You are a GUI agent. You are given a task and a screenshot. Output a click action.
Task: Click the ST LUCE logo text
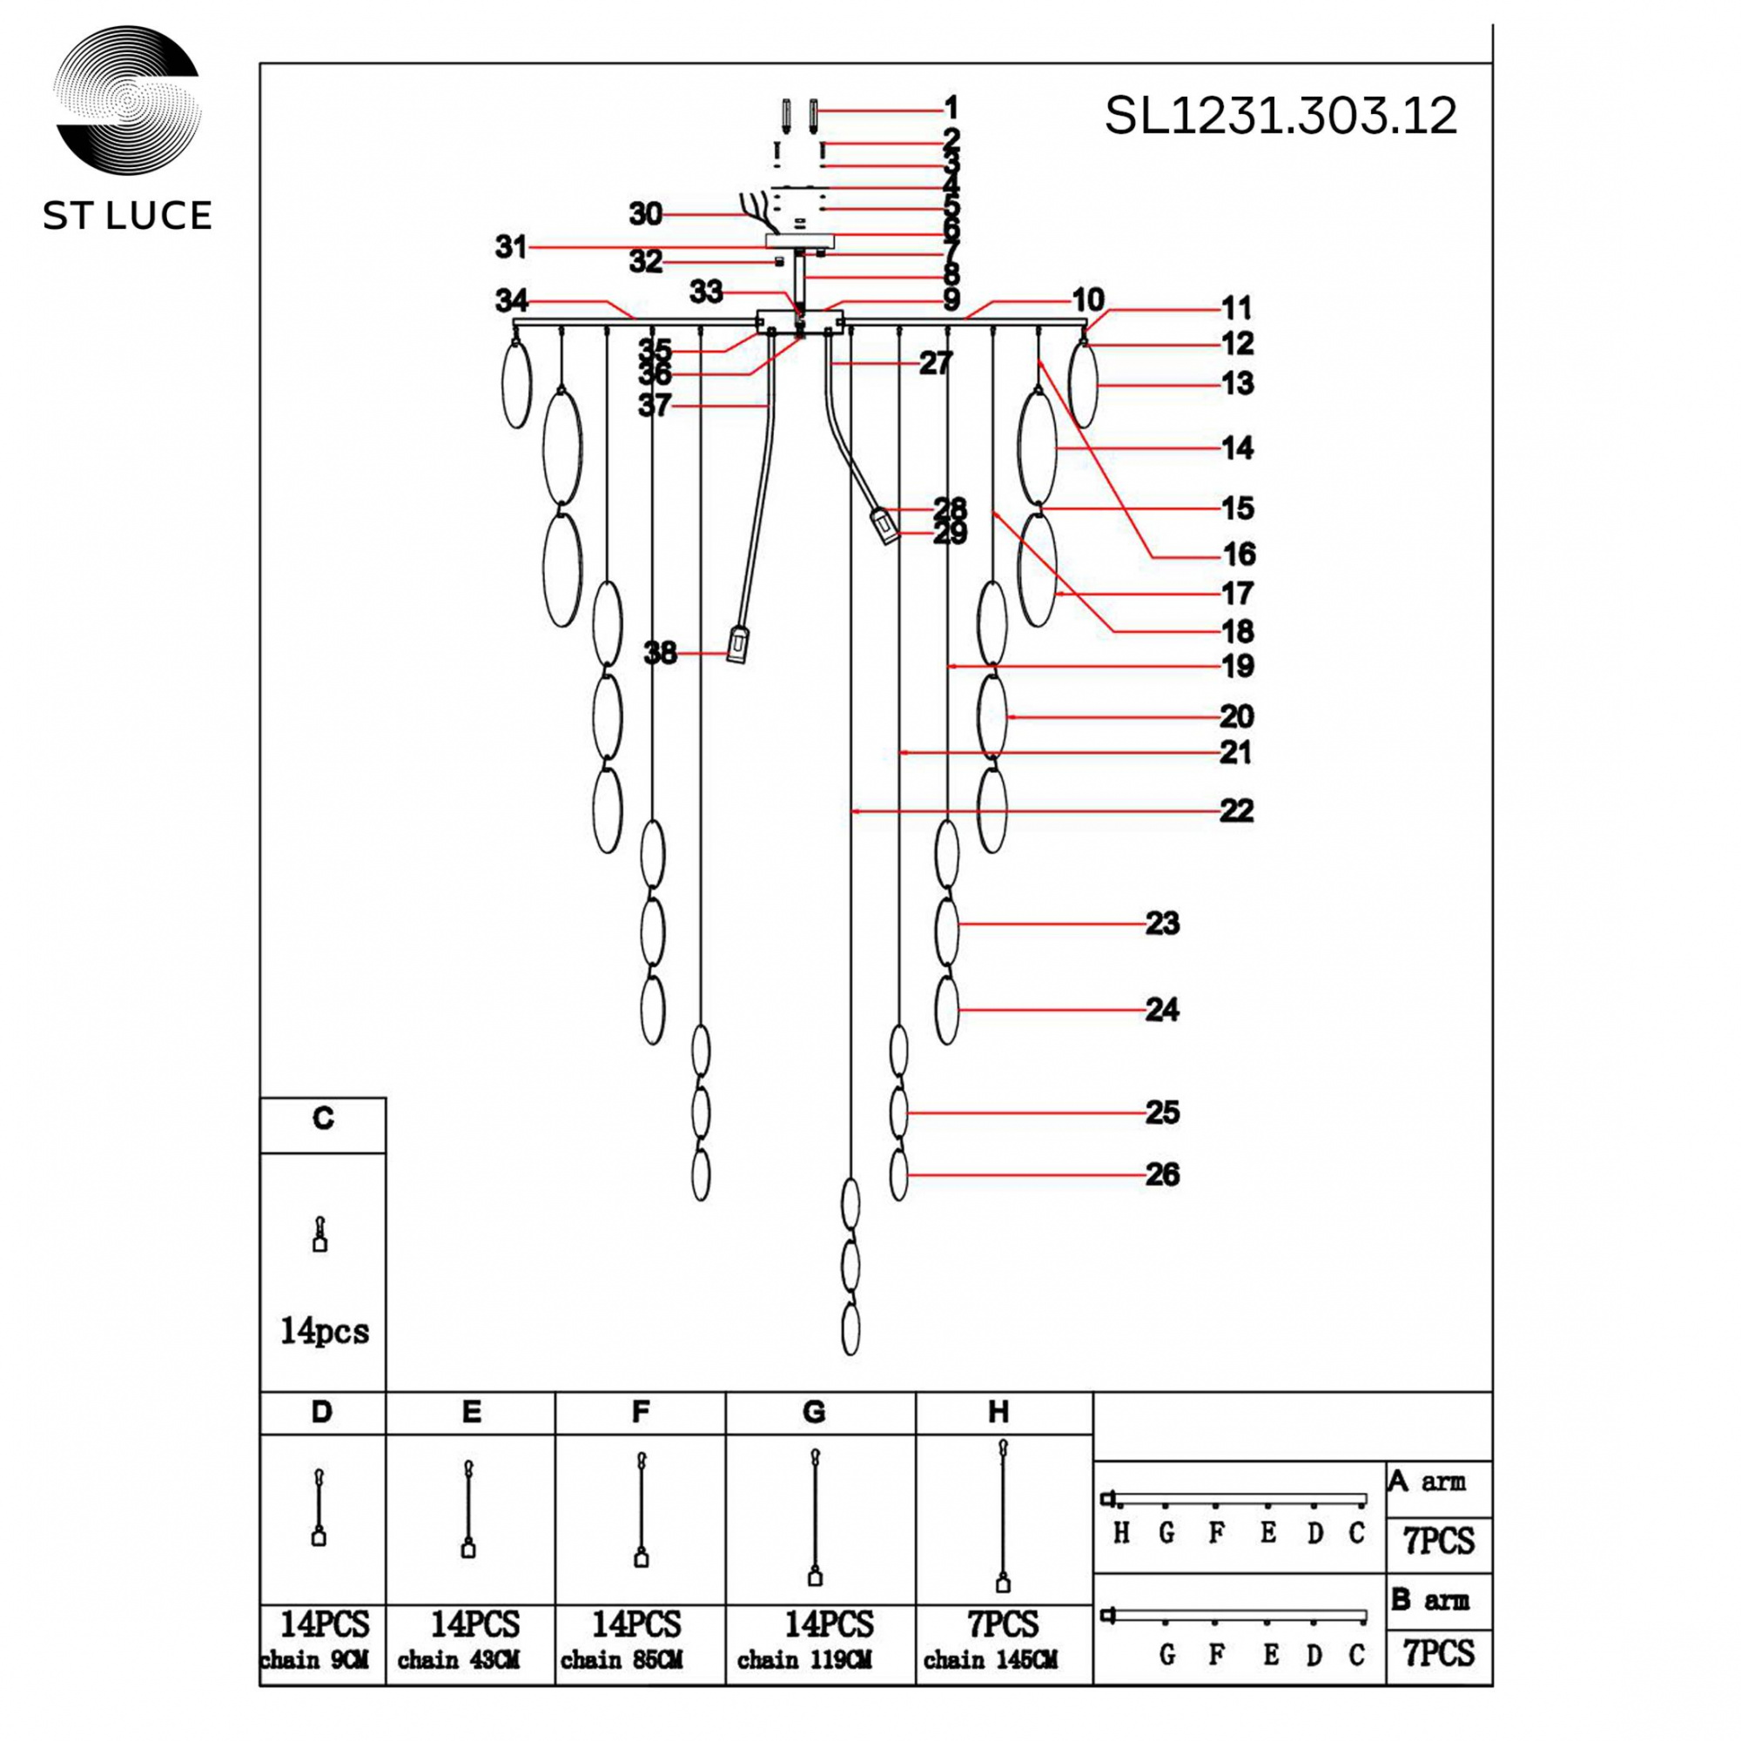pyautogui.click(x=127, y=216)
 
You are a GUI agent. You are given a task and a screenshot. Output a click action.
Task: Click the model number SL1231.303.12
pyautogui.click(x=1280, y=117)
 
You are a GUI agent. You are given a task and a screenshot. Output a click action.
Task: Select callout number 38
pyautogui.click(x=660, y=652)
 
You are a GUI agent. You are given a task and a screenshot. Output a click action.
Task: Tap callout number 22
pyautogui.click(x=1236, y=811)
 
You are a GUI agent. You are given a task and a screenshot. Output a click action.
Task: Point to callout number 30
pyautogui.click(x=645, y=214)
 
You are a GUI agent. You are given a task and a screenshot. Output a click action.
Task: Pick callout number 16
pyautogui.click(x=1238, y=555)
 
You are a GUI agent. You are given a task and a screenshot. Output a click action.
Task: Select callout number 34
pyautogui.click(x=511, y=300)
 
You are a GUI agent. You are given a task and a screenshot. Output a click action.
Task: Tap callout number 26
pyautogui.click(x=1161, y=1175)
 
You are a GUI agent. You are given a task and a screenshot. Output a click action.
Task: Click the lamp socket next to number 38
pyautogui.click(x=737, y=644)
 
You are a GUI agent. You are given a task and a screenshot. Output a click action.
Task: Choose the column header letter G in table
pyautogui.click(x=814, y=1412)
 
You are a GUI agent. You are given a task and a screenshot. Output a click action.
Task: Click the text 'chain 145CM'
pyautogui.click(x=990, y=1660)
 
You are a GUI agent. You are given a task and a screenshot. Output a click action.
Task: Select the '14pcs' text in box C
pyautogui.click(x=325, y=1331)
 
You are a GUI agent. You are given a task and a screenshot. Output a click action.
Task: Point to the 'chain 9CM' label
pyautogui.click(x=314, y=1660)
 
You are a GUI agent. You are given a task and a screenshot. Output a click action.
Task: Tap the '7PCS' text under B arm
pyautogui.click(x=1438, y=1654)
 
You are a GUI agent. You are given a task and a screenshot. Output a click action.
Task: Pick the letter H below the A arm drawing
pyautogui.click(x=1121, y=1533)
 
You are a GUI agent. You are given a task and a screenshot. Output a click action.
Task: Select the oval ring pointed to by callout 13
pyautogui.click(x=1083, y=386)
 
